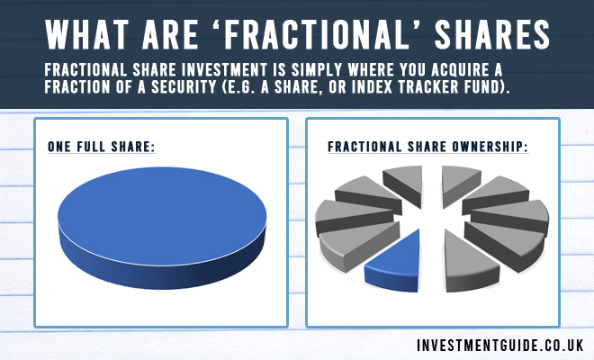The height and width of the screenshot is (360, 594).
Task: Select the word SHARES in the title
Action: pos(492,35)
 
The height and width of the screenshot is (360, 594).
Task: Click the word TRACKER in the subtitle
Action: pos(423,87)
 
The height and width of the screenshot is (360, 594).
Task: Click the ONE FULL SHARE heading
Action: pos(102,147)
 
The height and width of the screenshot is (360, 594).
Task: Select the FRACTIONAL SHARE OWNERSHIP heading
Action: pos(428,147)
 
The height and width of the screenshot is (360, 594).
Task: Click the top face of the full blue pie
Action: pos(162,216)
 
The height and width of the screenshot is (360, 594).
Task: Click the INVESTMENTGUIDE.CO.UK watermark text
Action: pos(500,346)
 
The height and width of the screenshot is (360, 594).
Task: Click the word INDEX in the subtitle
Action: pos(373,87)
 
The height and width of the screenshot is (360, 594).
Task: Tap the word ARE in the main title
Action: pos(170,35)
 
